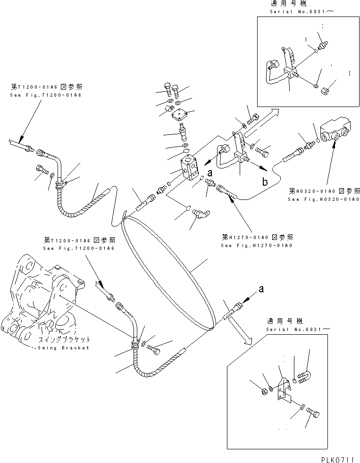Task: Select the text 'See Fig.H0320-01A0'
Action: pyautogui.click(x=324, y=199)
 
